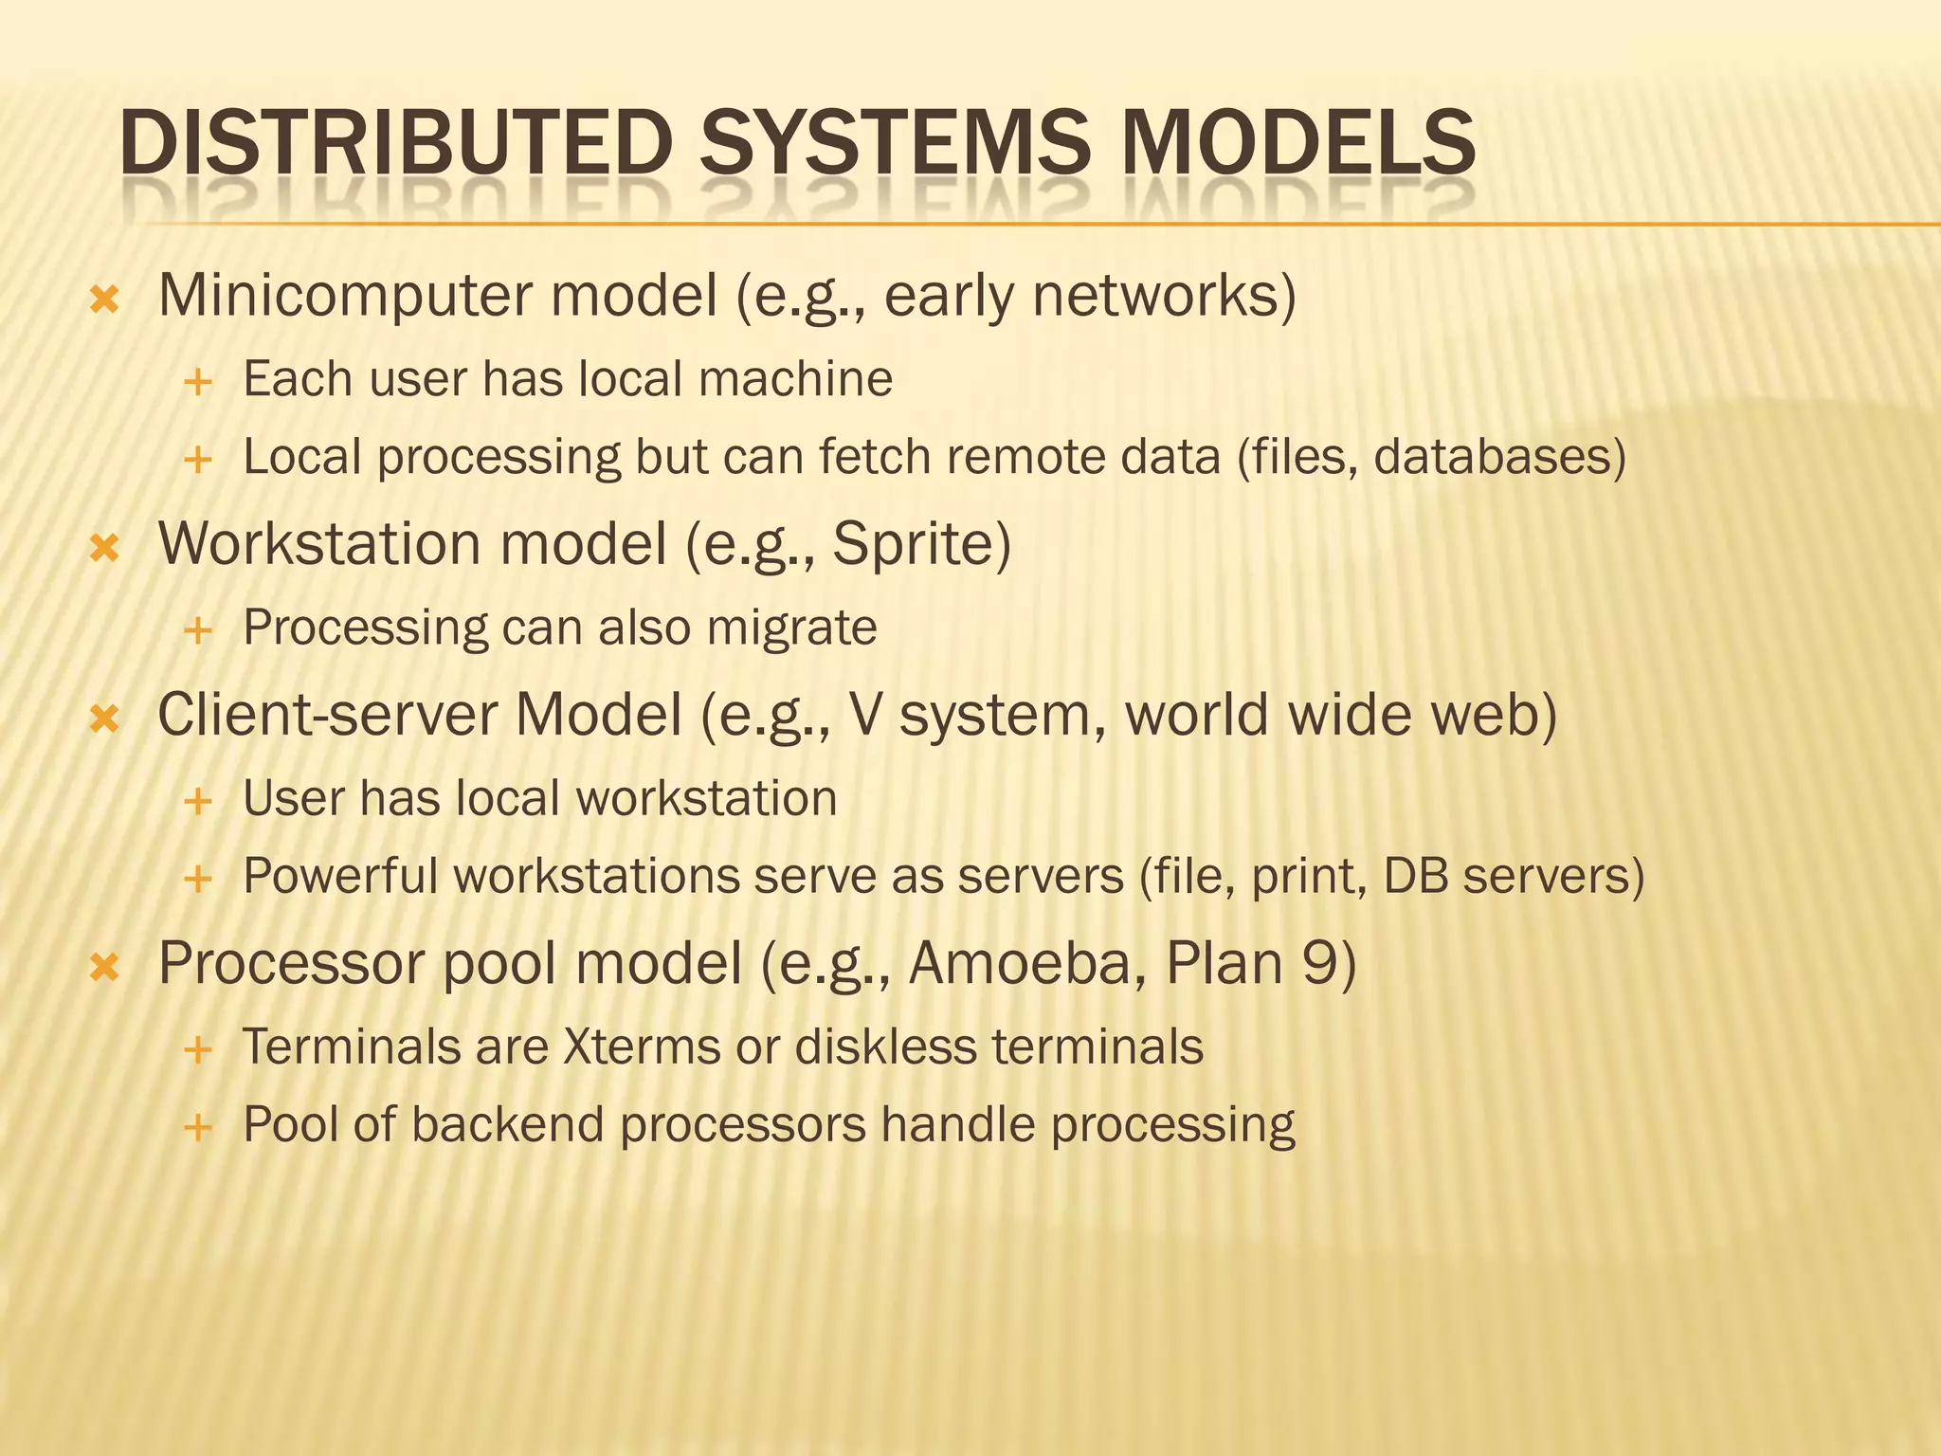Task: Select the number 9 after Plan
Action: (x=1318, y=963)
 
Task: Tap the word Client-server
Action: (x=327, y=715)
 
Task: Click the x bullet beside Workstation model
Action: (x=104, y=548)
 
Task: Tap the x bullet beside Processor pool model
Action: (x=104, y=967)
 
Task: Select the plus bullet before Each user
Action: (x=198, y=383)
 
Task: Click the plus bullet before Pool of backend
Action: (x=198, y=1128)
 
